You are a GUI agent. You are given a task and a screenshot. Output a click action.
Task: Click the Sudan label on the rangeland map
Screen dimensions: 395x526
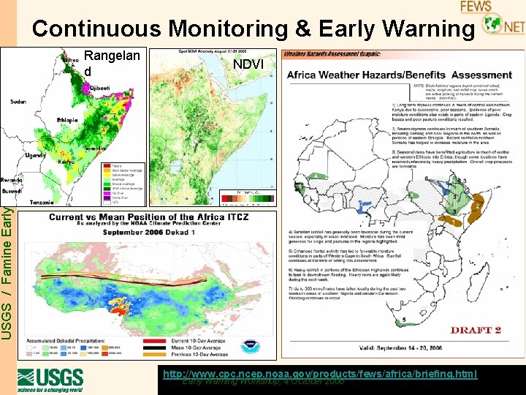(x=19, y=102)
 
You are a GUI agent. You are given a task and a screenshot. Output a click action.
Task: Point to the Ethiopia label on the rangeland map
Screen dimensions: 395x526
(x=68, y=120)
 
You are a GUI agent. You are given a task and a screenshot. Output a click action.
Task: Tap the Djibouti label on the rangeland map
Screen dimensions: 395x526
(x=101, y=88)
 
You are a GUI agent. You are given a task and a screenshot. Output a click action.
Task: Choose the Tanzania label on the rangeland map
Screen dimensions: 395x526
(x=41, y=201)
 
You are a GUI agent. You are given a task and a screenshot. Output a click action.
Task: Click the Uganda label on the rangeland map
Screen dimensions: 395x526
(x=35, y=155)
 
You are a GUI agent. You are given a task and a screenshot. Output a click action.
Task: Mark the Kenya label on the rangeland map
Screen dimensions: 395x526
(x=67, y=161)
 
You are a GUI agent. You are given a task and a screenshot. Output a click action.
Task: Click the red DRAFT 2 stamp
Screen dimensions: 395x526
(x=475, y=330)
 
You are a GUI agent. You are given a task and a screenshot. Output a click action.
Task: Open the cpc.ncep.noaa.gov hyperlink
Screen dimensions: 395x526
(x=319, y=374)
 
